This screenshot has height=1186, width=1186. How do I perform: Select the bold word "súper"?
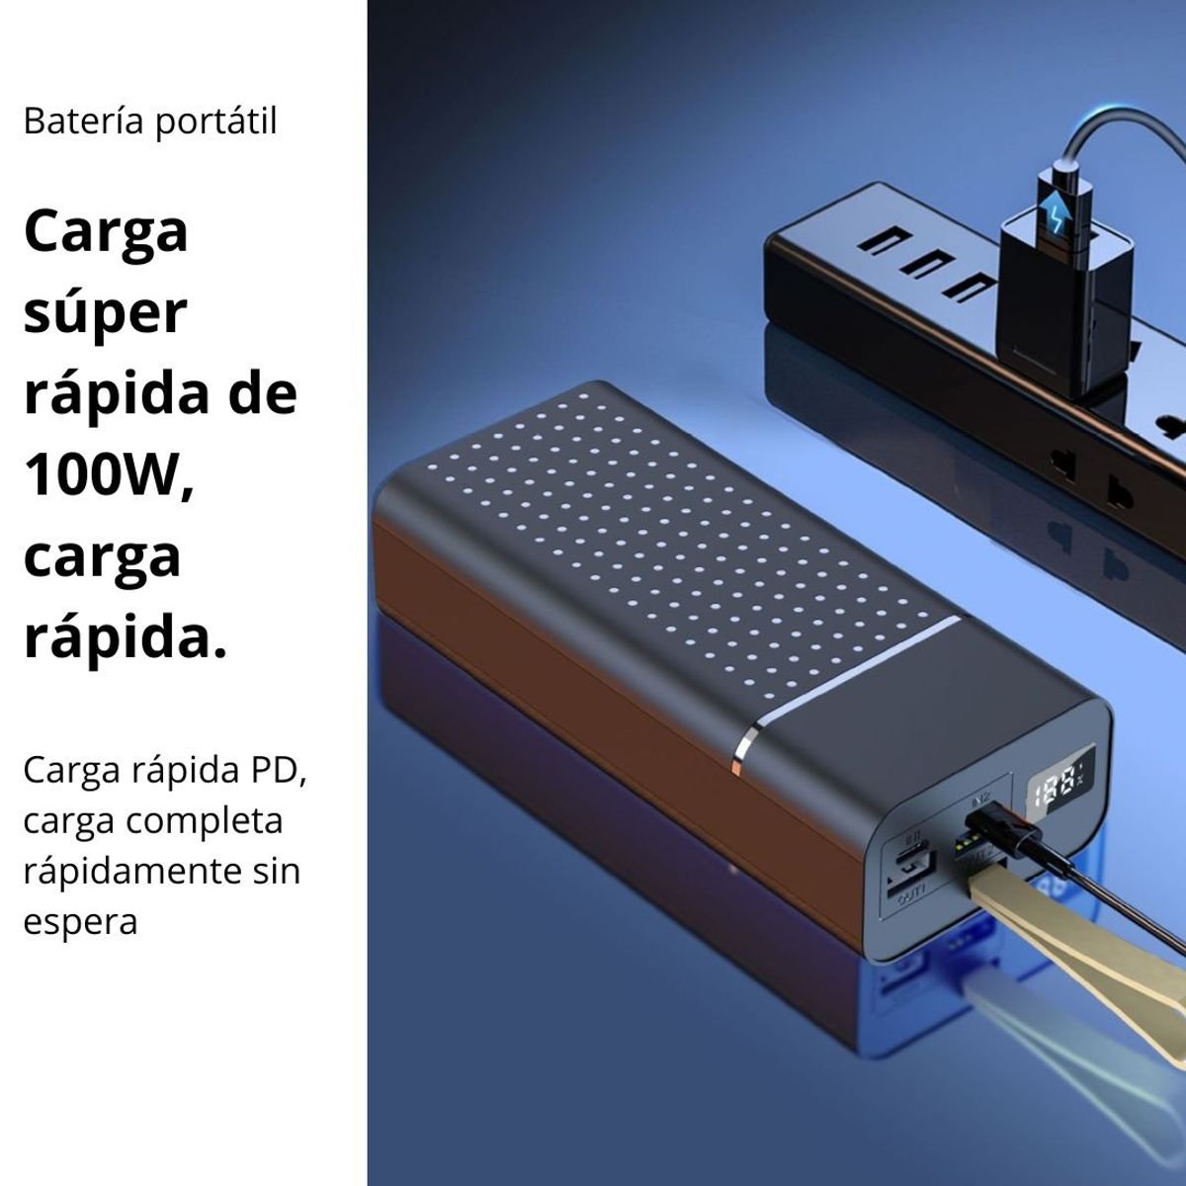click(x=105, y=313)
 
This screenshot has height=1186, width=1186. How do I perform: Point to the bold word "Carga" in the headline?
click(x=105, y=232)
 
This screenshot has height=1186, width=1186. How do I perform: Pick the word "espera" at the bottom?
click(x=80, y=922)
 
